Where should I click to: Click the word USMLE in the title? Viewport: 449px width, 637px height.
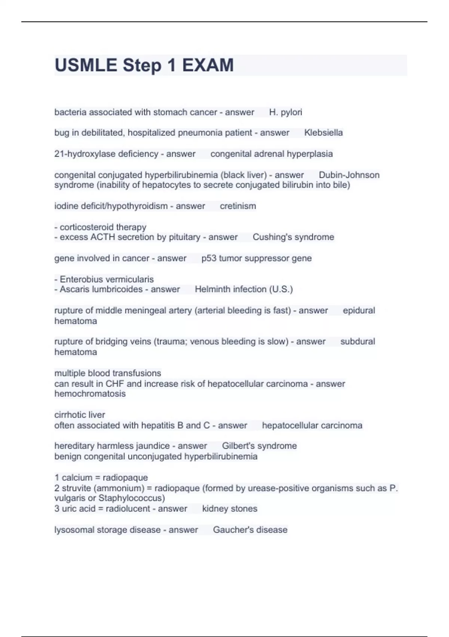click(x=86, y=65)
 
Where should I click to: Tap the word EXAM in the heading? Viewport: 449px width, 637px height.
click(x=208, y=65)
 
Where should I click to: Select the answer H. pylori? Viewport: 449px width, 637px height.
click(x=285, y=112)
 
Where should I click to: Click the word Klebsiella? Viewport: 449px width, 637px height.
click(x=323, y=133)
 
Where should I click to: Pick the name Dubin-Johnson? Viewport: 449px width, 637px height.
click(x=349, y=175)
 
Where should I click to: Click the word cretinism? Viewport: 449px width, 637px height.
click(x=238, y=206)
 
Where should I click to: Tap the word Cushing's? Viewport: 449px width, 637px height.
click(x=269, y=237)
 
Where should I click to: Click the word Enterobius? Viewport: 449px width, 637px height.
click(x=83, y=280)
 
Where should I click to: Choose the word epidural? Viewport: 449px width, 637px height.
click(x=359, y=311)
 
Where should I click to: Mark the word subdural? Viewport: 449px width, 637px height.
click(x=357, y=342)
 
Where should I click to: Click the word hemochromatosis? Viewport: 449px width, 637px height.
click(x=90, y=394)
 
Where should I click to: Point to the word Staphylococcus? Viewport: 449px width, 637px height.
click(x=131, y=498)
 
